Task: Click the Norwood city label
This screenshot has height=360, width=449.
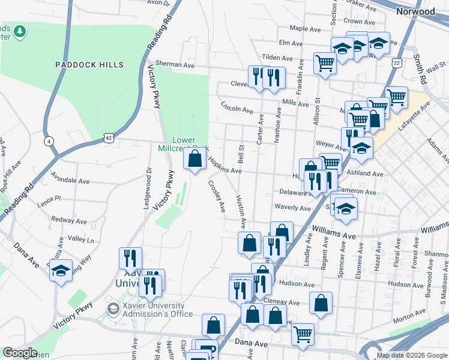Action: pyautogui.click(x=416, y=11)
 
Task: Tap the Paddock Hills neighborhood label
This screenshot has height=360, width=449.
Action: pyautogui.click(x=89, y=65)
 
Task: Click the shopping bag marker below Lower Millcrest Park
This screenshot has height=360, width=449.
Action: pyautogui.click(x=194, y=160)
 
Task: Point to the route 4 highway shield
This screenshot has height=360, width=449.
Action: pyautogui.click(x=48, y=141)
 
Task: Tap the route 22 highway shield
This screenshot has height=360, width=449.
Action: pyautogui.click(x=397, y=62)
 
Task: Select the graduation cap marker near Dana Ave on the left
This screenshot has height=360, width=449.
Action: pyautogui.click(x=61, y=271)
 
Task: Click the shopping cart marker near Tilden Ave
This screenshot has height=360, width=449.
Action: pyautogui.click(x=325, y=62)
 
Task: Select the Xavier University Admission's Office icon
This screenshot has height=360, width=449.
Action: pyautogui.click(x=112, y=309)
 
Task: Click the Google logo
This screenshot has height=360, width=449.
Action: pyautogui.click(x=20, y=353)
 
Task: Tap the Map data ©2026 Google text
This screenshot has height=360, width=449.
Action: pyautogui.click(x=412, y=355)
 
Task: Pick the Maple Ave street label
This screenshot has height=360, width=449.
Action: pyautogui.click(x=306, y=28)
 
